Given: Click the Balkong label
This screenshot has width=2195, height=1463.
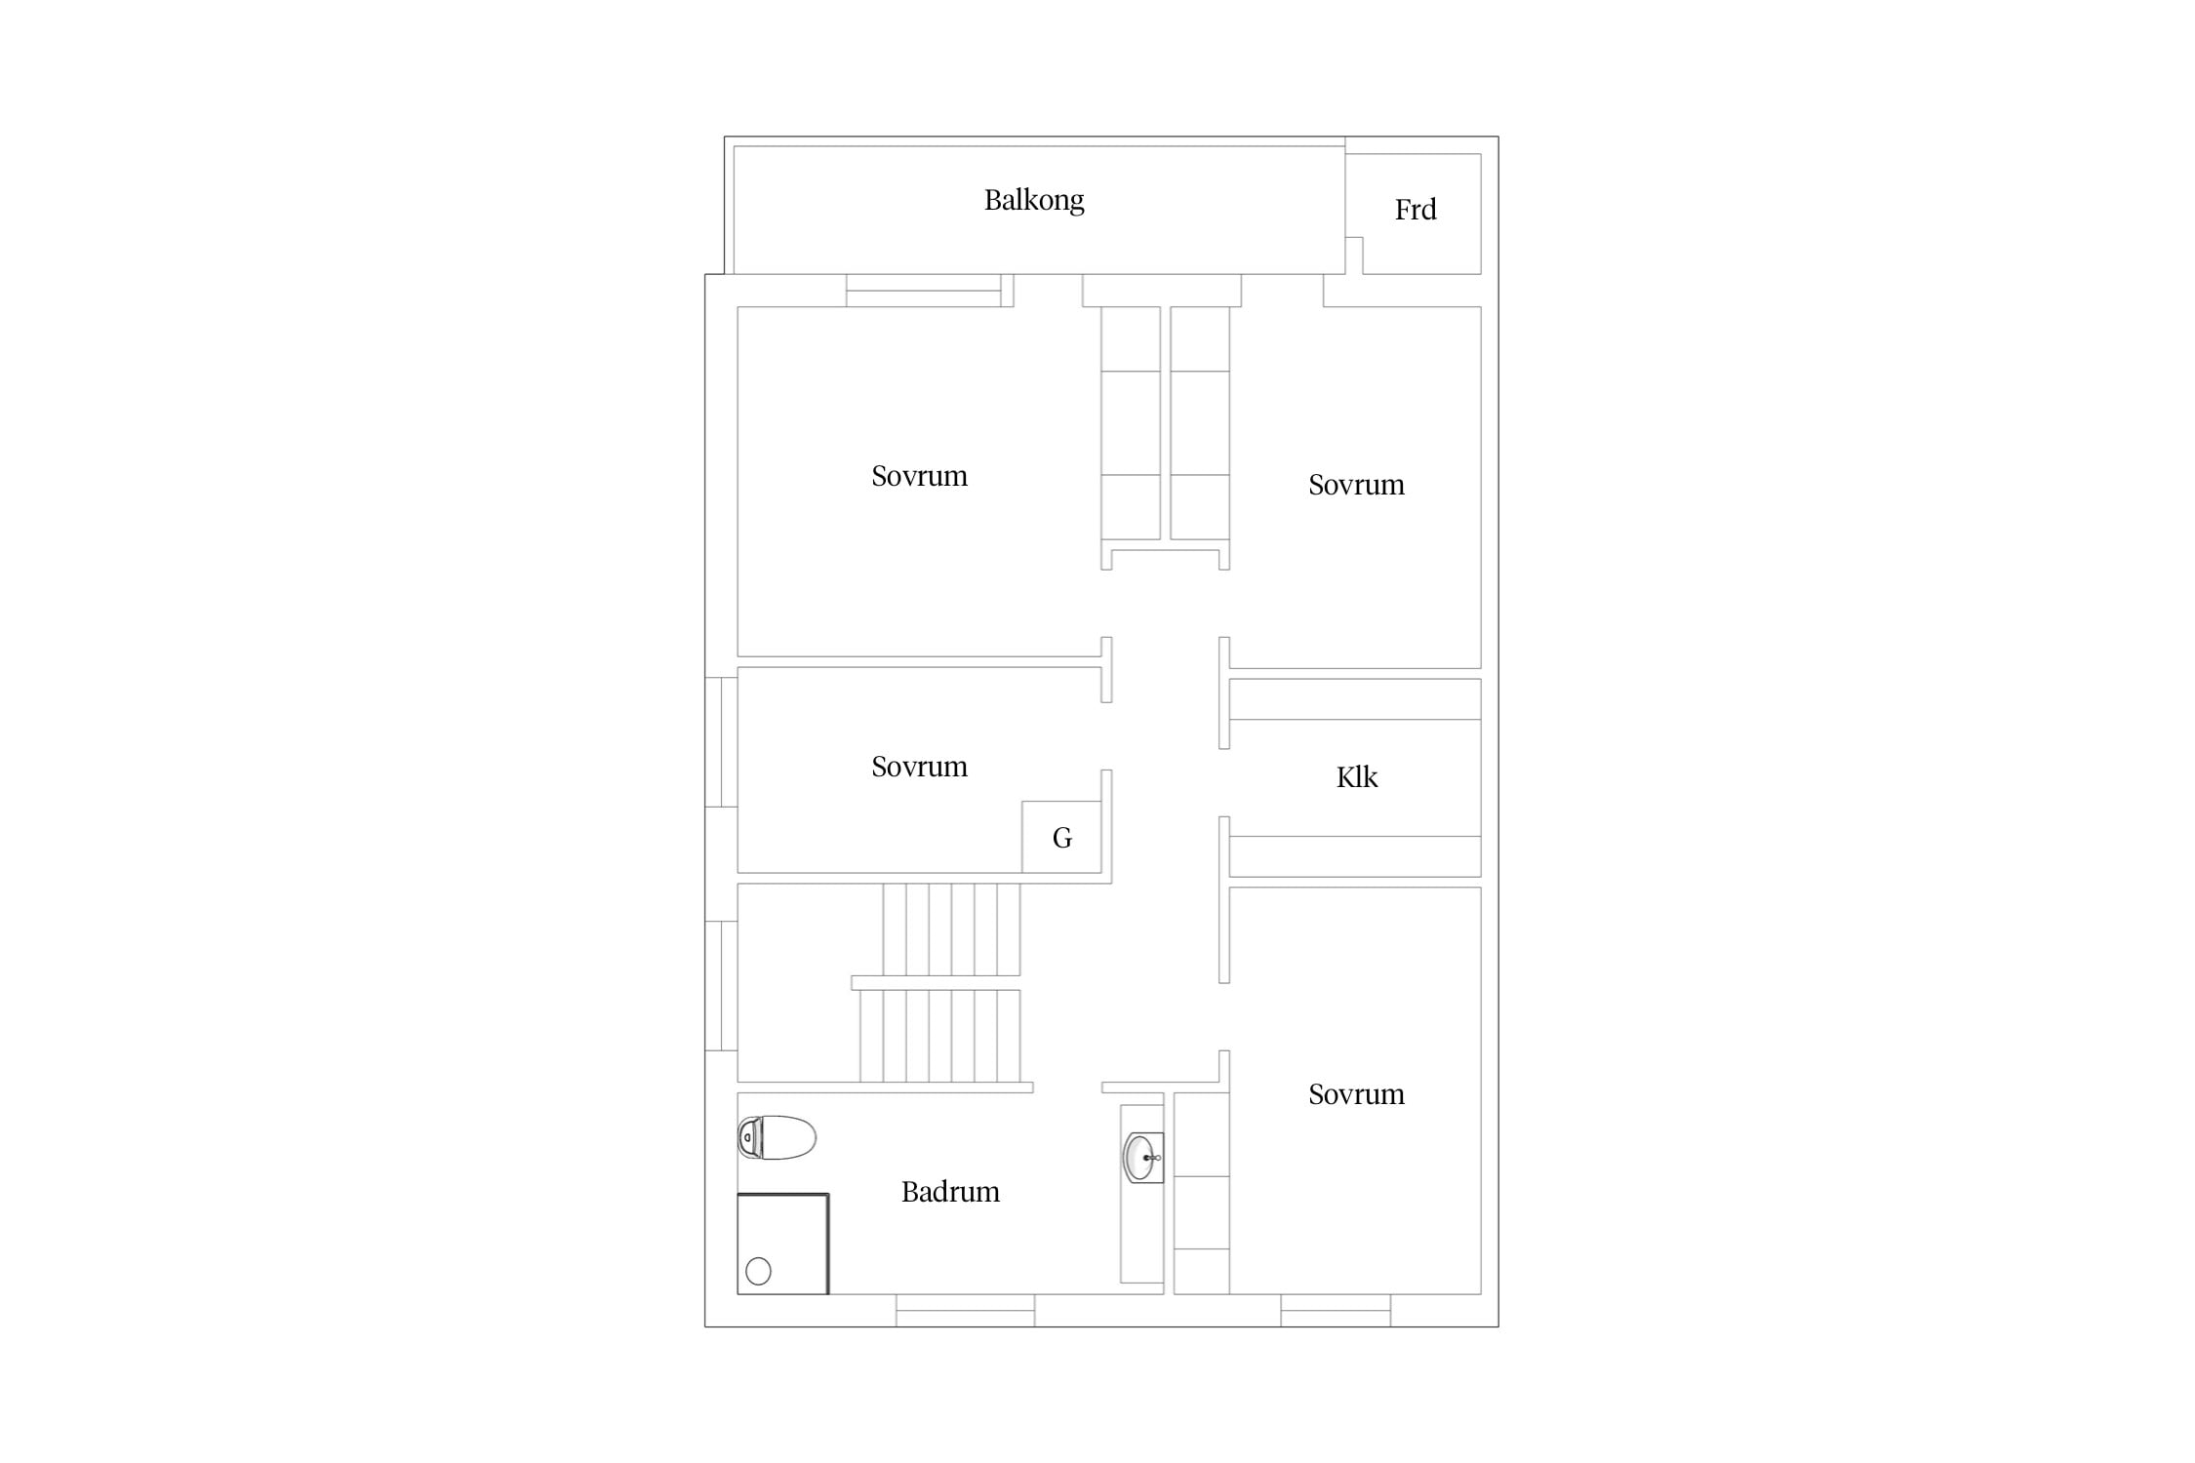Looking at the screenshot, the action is [x=1033, y=201].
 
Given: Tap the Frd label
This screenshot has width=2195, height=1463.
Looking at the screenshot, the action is [x=1415, y=210].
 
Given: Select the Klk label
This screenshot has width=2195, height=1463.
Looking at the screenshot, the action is [x=1356, y=777].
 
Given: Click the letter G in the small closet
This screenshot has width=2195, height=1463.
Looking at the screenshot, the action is [x=1062, y=838].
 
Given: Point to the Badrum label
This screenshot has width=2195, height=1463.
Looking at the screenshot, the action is [x=950, y=1192].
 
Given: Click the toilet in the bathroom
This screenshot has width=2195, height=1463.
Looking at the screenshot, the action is [x=777, y=1137].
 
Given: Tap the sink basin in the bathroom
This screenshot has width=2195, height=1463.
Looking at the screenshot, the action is [x=1142, y=1158].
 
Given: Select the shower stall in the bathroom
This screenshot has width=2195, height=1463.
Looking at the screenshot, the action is [x=783, y=1245].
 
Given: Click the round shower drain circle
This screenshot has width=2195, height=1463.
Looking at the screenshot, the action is [x=758, y=1271].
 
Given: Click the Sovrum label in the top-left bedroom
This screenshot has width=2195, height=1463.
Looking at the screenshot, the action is [x=919, y=476].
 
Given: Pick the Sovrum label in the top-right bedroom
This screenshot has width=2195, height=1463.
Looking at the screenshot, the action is [x=1356, y=485].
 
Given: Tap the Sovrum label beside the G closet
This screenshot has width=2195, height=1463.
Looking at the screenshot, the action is [x=919, y=767].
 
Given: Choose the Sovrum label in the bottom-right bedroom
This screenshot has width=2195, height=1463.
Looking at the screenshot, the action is [x=1356, y=1094].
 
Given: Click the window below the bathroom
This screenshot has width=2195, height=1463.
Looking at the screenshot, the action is [x=965, y=1311].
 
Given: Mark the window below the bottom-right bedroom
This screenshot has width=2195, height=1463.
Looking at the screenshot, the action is [x=1336, y=1311].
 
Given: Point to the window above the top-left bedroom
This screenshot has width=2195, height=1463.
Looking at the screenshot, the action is [x=924, y=291].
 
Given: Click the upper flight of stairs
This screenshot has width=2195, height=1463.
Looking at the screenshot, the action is [x=951, y=929].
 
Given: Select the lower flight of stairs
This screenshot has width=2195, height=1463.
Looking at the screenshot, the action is [x=939, y=1036].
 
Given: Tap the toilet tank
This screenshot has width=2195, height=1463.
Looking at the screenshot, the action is [x=749, y=1137].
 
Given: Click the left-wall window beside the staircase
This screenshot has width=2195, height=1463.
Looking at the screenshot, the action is [x=721, y=986].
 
